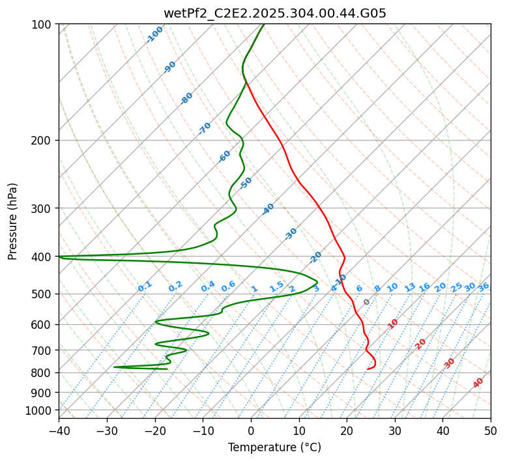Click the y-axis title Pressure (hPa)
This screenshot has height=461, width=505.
point(13,221)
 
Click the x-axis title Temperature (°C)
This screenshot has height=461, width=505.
point(274,447)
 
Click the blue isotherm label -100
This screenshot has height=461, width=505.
point(154,35)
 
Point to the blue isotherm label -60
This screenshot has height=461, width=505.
point(225,156)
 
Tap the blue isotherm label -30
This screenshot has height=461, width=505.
point(291,234)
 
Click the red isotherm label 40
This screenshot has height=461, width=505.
point(478,383)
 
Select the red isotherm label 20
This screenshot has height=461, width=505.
point(421,344)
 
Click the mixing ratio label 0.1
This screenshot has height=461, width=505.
point(145,286)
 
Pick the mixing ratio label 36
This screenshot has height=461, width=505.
point(483,286)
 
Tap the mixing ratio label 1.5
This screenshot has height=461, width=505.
point(276,286)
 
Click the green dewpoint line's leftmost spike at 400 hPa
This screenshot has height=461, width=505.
point(61,257)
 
